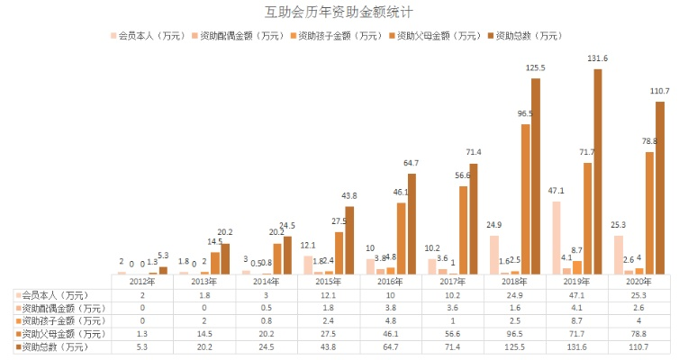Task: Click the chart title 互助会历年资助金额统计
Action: click(339, 13)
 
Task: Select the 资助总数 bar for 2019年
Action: click(598, 171)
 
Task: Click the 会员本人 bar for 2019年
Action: click(557, 237)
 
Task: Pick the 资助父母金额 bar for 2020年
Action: click(649, 212)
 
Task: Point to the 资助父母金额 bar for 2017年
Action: click(463, 229)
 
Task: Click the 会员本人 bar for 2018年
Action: click(494, 255)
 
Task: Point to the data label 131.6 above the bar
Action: click(598, 58)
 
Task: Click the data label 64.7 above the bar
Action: click(412, 163)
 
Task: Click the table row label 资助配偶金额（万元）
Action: click(62, 307)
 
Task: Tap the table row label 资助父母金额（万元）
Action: click(62, 332)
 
